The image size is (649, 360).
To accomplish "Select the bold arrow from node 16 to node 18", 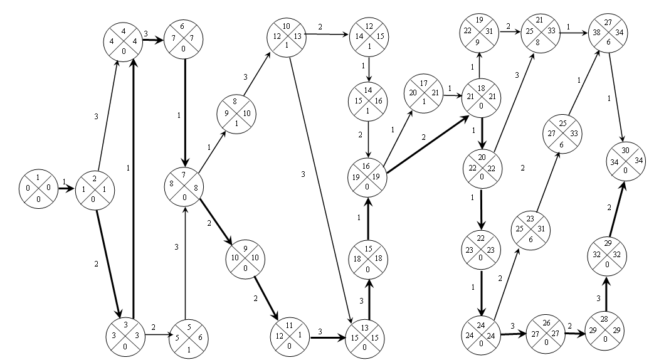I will pyautogui.click(x=426, y=141).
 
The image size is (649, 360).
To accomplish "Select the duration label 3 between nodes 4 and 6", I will pyautogui.click(x=145, y=33).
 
